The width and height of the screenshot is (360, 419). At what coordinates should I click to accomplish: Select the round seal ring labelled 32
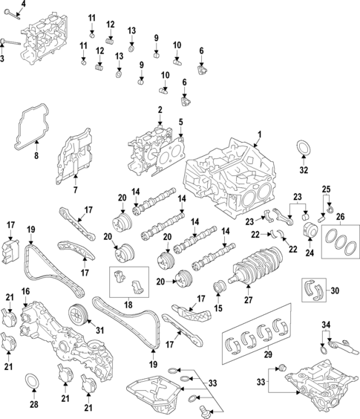[303, 149]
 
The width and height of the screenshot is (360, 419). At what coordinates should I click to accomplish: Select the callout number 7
[75, 191]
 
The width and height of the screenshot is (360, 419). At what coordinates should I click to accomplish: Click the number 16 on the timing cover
[25, 290]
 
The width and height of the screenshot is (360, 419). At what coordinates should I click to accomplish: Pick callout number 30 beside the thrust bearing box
[335, 290]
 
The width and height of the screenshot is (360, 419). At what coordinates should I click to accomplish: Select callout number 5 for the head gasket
[180, 122]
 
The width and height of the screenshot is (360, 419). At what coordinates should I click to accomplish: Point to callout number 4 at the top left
[23, 4]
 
